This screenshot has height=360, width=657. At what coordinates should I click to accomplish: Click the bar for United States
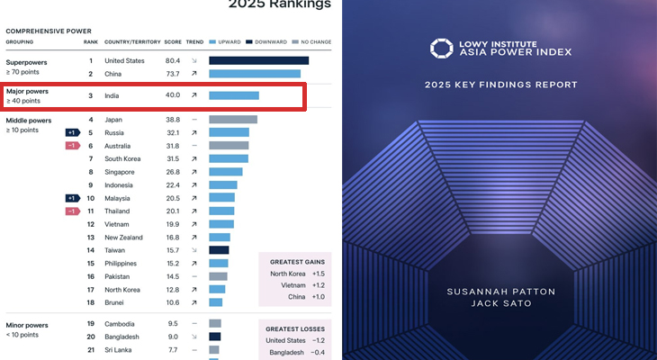click(258, 60)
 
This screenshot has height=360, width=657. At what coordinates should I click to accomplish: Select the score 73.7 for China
click(173, 74)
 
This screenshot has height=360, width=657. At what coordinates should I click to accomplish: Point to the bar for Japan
click(233, 120)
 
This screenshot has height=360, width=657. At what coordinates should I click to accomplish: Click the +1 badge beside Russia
click(72, 132)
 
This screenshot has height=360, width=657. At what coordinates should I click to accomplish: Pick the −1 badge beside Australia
click(72, 146)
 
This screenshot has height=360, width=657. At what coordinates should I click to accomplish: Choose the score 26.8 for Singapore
click(173, 172)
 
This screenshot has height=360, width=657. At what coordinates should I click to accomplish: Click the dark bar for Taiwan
click(219, 250)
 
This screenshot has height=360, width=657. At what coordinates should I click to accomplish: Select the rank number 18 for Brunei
click(91, 302)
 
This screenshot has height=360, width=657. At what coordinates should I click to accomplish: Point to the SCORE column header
click(172, 42)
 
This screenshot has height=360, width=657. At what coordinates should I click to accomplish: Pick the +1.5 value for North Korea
click(319, 274)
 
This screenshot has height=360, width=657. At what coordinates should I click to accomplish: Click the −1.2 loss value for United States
click(319, 341)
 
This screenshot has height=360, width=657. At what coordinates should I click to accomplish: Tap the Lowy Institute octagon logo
click(441, 49)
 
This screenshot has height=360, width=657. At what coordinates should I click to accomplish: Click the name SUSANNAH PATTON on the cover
click(500, 292)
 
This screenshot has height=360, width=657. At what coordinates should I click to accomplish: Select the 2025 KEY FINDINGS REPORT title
click(500, 85)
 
